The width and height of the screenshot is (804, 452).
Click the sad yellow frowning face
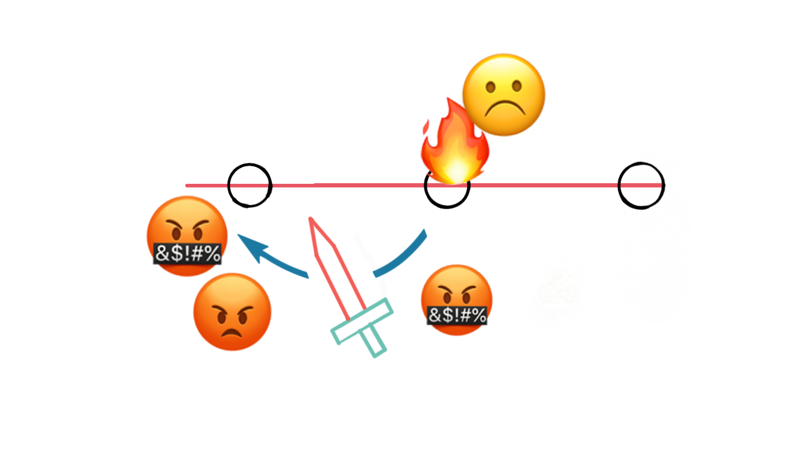pos(504,95)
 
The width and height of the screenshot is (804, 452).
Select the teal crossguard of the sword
pos(362,322)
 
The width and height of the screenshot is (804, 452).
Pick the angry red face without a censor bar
pos(232,312)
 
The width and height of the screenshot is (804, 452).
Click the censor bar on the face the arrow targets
pos(187,254)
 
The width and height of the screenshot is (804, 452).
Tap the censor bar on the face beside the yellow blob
pos(457,315)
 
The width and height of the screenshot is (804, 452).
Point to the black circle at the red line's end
pos(644,185)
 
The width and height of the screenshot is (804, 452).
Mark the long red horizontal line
pos(362,185)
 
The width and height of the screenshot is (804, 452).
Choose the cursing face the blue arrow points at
pos(187,236)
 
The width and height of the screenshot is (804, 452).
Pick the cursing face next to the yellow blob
pos(457,299)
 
